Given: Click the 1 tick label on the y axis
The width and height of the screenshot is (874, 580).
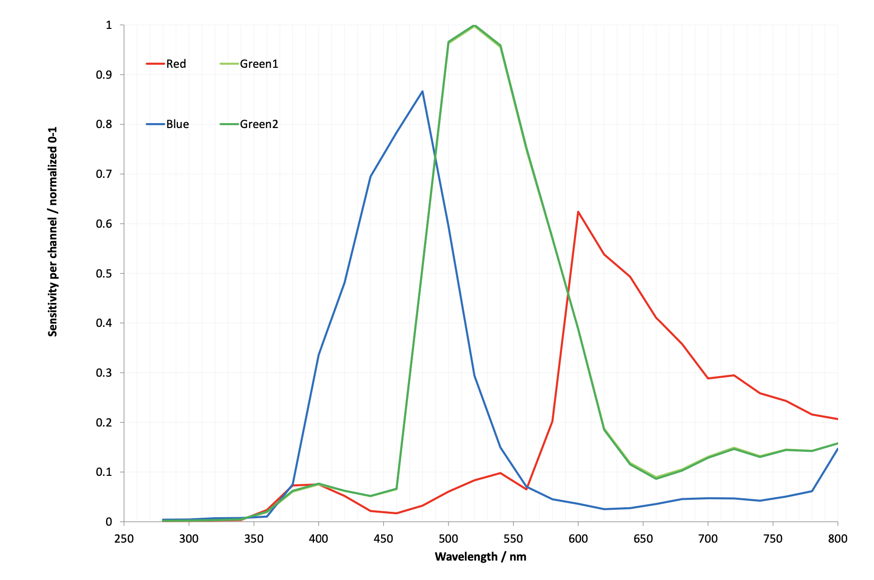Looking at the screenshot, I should (109, 25).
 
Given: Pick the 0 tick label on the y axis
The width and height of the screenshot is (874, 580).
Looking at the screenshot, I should (109, 522).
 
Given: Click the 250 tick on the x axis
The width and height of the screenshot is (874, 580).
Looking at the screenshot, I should (124, 539).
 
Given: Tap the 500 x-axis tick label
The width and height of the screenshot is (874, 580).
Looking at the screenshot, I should (448, 539).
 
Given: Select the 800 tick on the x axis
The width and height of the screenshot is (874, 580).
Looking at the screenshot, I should (838, 539).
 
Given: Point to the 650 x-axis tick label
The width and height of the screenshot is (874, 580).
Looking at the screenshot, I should (643, 539).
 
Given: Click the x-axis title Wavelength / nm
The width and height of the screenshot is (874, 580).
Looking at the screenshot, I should (480, 557).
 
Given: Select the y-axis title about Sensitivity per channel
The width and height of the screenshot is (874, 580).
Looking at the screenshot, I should (53, 232).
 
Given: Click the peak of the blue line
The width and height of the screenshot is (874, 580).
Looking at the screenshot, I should (423, 91).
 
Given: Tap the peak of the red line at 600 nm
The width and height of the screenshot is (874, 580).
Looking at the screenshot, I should (578, 212).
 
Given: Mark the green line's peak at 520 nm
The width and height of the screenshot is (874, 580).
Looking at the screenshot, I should (474, 25).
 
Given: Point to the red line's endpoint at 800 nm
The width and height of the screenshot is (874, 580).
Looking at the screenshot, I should (838, 419).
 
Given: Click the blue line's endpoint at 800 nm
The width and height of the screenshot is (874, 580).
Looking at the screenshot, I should (838, 448).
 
